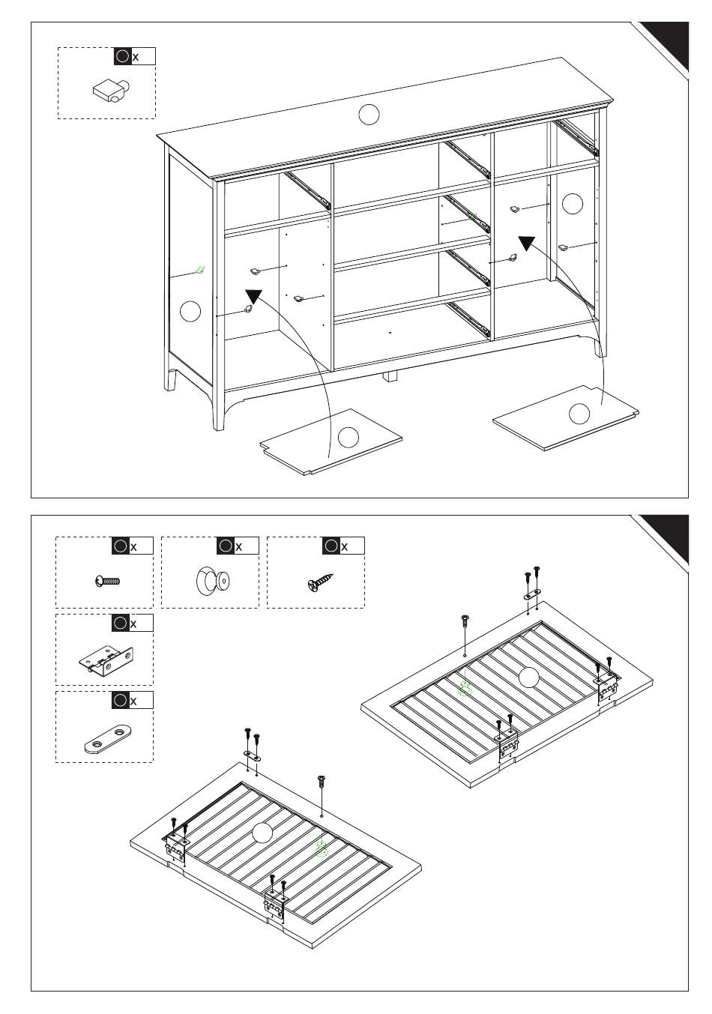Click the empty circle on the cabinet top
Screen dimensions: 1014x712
click(369, 115)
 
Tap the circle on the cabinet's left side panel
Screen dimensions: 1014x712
click(190, 310)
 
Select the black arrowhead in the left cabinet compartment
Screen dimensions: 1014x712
click(254, 297)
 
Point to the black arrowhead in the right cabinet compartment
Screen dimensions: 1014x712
click(527, 243)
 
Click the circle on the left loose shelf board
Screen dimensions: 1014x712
click(349, 436)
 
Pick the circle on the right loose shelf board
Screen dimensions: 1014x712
click(579, 413)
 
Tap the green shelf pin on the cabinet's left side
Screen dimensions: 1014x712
click(200, 270)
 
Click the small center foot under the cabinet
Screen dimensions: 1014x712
click(390, 375)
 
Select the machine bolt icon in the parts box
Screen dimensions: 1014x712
click(108, 581)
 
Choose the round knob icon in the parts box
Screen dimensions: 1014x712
click(213, 582)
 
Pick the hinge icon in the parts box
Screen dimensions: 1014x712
click(106, 659)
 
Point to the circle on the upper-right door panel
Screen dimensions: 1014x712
click(528, 677)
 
